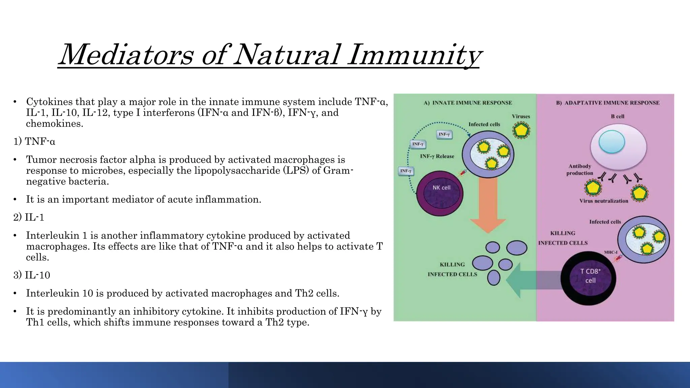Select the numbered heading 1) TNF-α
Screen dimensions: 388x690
coord(34,141)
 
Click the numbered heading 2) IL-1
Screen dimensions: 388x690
coord(29,217)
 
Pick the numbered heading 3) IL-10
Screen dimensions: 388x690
coord(32,275)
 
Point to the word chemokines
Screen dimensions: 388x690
coord(54,124)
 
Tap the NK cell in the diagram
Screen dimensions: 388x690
coord(440,193)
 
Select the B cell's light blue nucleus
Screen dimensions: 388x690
coord(611,142)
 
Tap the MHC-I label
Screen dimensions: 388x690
coord(610,252)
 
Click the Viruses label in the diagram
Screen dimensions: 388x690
coord(521,116)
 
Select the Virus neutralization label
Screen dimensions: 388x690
coord(604,201)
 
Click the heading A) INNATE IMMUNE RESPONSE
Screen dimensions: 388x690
coord(468,103)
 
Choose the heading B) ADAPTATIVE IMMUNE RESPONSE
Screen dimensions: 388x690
coord(607,103)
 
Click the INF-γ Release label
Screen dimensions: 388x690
coord(437,156)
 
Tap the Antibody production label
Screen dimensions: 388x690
coord(579,169)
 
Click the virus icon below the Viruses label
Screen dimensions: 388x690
coord(521,130)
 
